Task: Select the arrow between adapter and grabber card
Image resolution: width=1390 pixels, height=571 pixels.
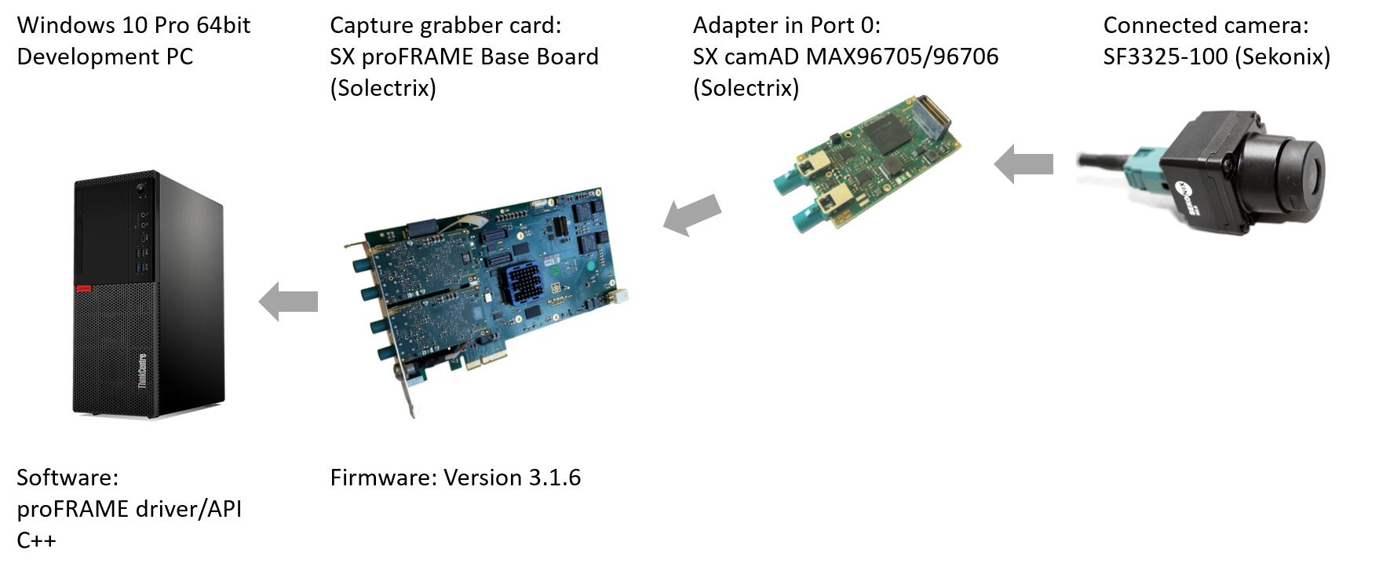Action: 691,214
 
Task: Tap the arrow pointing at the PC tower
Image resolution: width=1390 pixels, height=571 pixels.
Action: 288,302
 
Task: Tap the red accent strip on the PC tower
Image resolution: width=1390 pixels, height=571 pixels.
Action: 83,289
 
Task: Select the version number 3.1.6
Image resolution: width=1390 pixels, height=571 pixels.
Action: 554,478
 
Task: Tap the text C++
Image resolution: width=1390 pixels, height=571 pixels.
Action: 36,540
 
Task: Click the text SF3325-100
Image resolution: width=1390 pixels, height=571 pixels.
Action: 1165,57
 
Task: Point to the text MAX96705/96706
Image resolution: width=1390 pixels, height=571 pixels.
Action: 902,57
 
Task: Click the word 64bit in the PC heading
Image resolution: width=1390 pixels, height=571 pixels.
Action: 223,25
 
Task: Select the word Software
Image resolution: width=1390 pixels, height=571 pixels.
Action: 67,478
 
